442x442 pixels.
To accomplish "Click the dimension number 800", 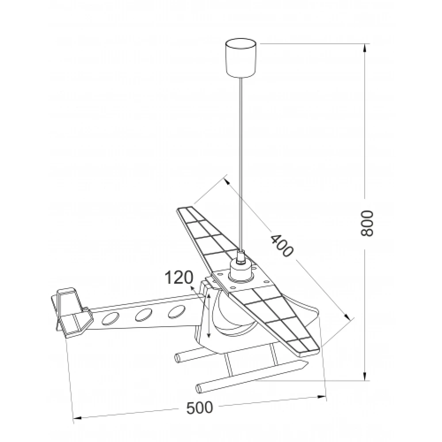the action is pos(366,223).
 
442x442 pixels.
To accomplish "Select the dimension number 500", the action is pos(200,408).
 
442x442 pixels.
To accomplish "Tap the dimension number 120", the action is pos(179,278).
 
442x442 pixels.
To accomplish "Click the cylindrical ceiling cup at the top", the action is pos(241,58).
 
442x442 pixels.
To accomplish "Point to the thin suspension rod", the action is pos(241,164).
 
